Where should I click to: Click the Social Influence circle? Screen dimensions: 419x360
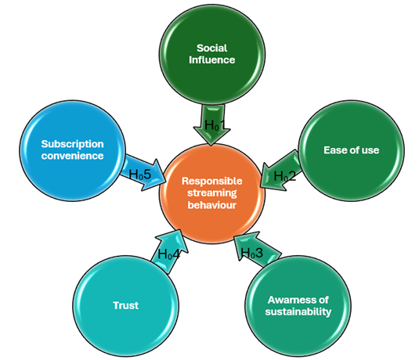pos(212,55)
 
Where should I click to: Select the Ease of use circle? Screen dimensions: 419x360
pos(351,151)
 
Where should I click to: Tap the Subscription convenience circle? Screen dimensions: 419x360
pos(72,151)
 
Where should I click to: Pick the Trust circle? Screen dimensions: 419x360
pos(125,306)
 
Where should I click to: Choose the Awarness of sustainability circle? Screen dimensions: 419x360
pos(298,306)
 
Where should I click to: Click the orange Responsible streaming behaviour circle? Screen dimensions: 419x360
pos(212,193)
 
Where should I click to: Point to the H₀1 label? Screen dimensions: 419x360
pos(215,125)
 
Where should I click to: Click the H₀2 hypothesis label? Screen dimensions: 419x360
pos(285,176)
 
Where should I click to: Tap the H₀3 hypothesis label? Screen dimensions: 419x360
pos(252,253)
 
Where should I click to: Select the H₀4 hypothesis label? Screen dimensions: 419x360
pos(169,254)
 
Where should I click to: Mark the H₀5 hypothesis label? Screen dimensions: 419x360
pos(140,175)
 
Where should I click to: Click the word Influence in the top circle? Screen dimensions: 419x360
pos(212,59)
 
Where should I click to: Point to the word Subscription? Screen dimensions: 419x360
pos(72,144)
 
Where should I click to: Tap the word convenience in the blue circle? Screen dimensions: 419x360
pos(72,156)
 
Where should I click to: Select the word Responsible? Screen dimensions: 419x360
pos(212,181)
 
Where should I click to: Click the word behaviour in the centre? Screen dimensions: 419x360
pos(212,205)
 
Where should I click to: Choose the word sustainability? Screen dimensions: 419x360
pos(298,311)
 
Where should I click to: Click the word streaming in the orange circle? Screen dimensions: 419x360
pos(212,193)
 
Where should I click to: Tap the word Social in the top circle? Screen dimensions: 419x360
pos(212,48)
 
